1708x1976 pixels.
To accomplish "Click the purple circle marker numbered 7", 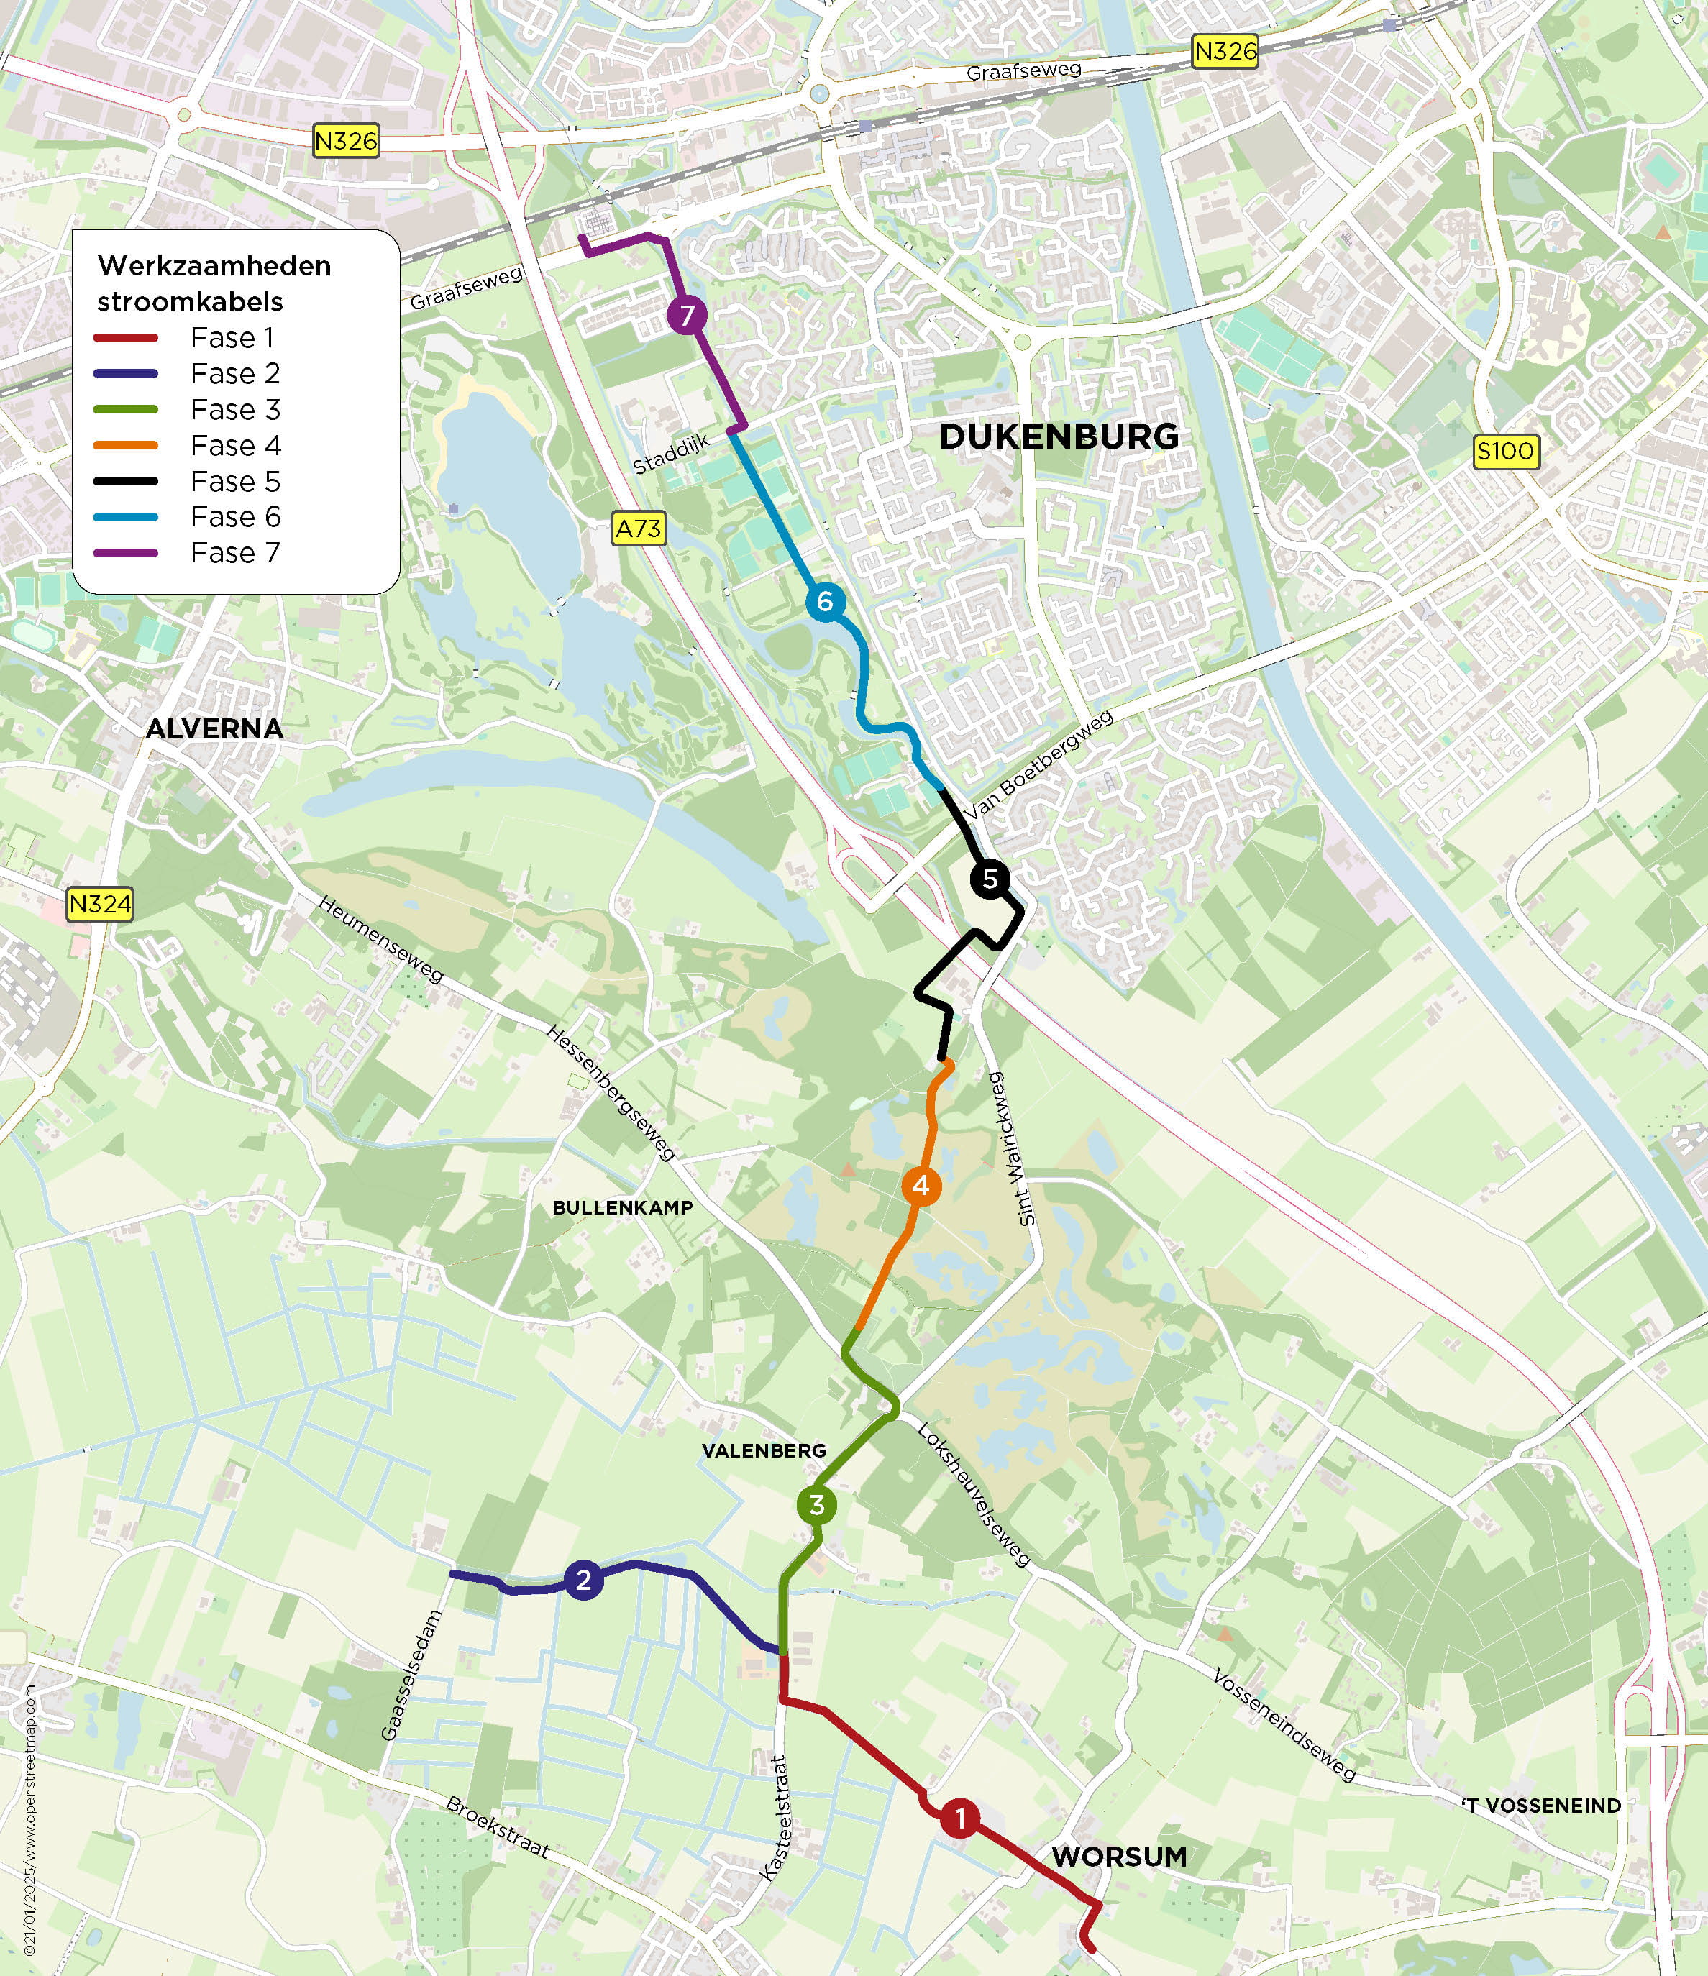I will tap(687, 315).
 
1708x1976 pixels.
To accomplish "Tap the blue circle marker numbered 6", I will tap(825, 602).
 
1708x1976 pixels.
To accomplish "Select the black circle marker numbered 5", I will tap(990, 878).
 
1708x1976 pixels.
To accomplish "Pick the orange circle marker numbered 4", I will tap(921, 1186).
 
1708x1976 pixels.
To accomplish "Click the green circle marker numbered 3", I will tap(816, 1505).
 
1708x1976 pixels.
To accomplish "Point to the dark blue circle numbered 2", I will tap(584, 1581).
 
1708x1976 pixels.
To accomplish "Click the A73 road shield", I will tap(638, 529).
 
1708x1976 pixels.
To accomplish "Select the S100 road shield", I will tap(1506, 450).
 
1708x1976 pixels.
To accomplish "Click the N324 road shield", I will tap(99, 903).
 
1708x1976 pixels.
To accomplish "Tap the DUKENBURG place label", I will tap(1059, 436).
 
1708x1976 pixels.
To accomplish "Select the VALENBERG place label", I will tap(764, 1450).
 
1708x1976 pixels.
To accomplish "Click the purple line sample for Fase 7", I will tap(126, 553).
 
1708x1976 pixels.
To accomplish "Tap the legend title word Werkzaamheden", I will tap(214, 265).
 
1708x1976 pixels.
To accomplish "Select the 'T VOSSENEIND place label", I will tap(1541, 1806).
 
